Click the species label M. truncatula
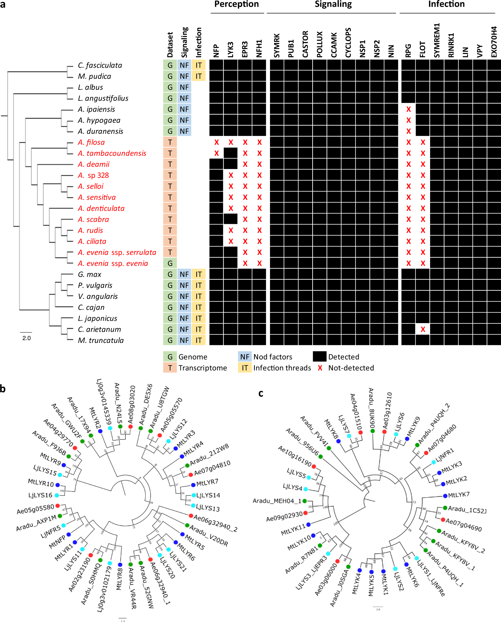(x=101, y=340)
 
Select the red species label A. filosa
(x=91, y=142)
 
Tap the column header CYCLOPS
(x=348, y=43)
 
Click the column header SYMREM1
(x=437, y=40)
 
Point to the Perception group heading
(x=236, y=4)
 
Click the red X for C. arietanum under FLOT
(x=423, y=329)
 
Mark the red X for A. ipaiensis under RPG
(x=409, y=109)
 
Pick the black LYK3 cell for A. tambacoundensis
(x=231, y=153)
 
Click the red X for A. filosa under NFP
(x=217, y=142)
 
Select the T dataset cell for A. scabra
(x=170, y=219)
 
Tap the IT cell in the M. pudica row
(x=199, y=76)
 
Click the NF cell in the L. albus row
(x=184, y=87)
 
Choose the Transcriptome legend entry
(x=202, y=368)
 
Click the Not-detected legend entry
(x=351, y=368)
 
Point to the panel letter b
(x=3, y=389)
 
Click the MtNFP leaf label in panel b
(x=57, y=542)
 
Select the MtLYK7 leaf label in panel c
(x=459, y=495)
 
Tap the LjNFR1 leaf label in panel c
(x=445, y=455)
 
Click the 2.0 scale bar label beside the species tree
(x=27, y=338)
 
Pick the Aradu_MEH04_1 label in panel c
(x=277, y=501)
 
